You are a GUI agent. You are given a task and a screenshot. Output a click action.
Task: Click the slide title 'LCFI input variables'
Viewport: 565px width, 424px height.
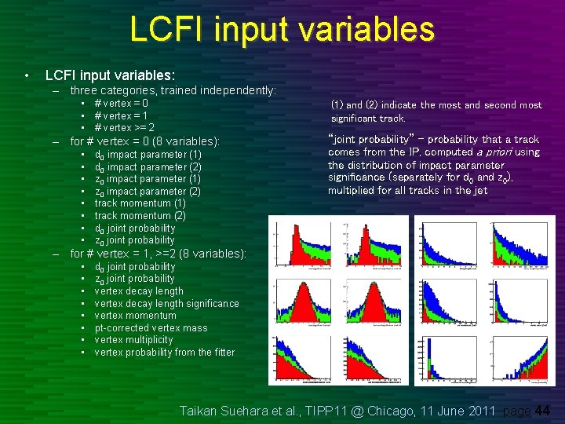(x=282, y=30)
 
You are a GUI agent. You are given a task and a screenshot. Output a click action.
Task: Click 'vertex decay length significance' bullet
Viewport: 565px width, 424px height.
(x=166, y=303)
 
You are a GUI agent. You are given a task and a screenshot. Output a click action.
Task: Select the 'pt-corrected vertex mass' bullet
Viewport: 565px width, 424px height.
(x=151, y=327)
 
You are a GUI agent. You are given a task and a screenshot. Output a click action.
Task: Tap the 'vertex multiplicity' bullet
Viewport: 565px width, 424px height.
(x=133, y=340)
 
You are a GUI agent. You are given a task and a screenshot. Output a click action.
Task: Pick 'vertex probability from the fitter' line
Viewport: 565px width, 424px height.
(x=164, y=352)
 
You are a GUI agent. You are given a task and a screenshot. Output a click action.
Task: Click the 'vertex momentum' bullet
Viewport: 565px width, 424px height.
(x=135, y=316)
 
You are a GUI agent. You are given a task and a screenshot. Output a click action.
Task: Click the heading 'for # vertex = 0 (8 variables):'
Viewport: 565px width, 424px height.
(x=145, y=142)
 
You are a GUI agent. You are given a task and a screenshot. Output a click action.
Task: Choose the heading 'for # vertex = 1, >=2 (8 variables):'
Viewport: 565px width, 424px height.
(x=158, y=254)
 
